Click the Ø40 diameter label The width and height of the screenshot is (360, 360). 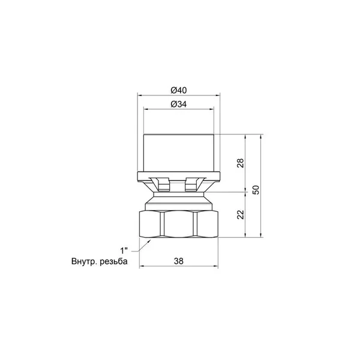pyautogui.click(x=179, y=90)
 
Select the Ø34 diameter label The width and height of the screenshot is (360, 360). pyautogui.click(x=179, y=104)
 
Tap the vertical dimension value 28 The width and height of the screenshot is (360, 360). pyautogui.click(x=241, y=163)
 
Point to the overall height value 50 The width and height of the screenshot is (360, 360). pyautogui.click(x=256, y=190)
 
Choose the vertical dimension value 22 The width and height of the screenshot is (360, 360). pyautogui.click(x=241, y=215)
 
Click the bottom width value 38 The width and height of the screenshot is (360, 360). pyautogui.click(x=179, y=261)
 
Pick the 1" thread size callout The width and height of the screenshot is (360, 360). pyautogui.click(x=124, y=250)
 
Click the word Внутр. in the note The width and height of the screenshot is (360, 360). pyautogui.click(x=85, y=262)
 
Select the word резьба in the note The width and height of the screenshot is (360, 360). pyautogui.click(x=113, y=262)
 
